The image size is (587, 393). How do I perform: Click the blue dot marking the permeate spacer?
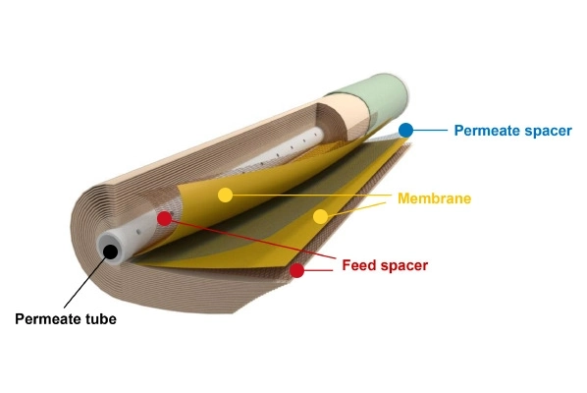tap(405, 131)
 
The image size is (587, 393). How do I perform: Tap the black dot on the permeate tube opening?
tap(111, 252)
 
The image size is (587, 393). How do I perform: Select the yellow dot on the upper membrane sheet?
tap(225, 196)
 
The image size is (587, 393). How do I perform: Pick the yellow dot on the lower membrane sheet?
tap(320, 216)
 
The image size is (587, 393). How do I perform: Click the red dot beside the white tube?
tap(164, 218)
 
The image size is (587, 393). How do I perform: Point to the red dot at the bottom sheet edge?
tap(296, 270)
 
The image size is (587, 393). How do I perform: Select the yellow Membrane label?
tap(434, 198)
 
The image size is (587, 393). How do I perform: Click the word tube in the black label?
tap(101, 318)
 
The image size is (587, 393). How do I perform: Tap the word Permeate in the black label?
tap(48, 319)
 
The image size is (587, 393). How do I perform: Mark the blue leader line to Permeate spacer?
tap(430, 131)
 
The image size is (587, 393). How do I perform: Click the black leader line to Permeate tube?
tap(85, 283)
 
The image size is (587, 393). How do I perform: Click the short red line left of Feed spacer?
tap(318, 270)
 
